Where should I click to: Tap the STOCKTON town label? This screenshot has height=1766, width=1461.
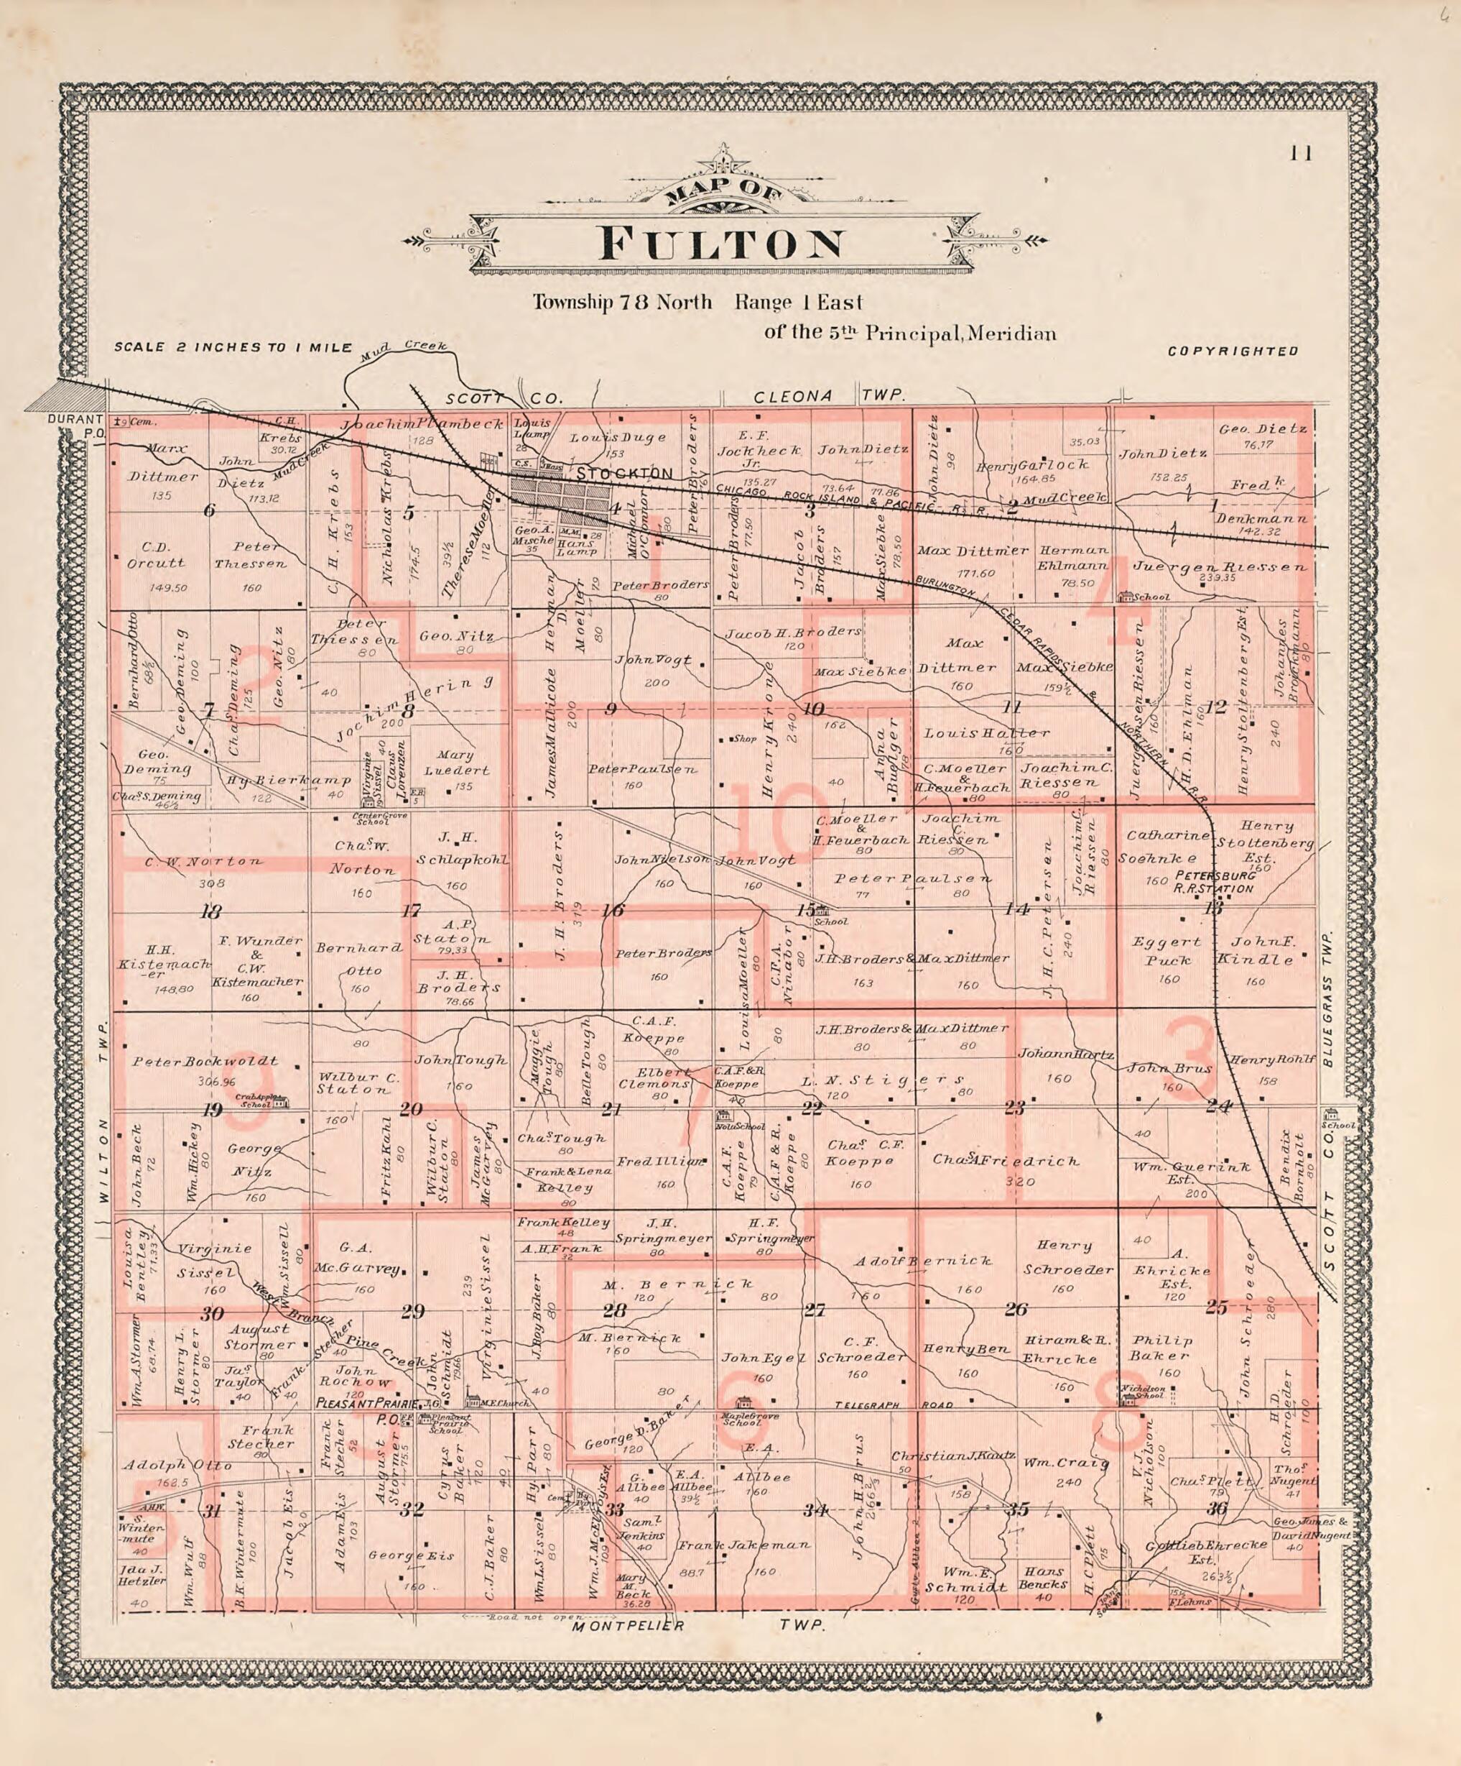coord(625,474)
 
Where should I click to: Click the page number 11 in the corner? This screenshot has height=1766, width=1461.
coord(1303,153)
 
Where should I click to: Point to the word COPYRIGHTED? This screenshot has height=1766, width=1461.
coord(1233,351)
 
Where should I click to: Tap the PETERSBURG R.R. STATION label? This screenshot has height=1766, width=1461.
coord(1215,882)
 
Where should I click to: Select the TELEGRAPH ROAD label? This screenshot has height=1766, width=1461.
coord(894,1405)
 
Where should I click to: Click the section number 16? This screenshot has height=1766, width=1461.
coord(613,911)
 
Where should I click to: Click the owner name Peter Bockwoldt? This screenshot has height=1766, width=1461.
coord(204,1062)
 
